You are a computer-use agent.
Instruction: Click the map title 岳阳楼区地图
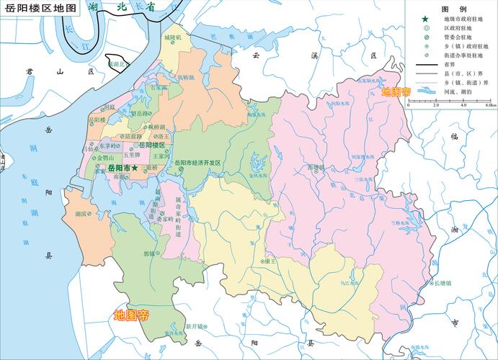pos(40,8)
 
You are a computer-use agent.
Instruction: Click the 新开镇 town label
pos(195,325)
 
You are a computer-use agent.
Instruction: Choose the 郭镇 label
pos(149,253)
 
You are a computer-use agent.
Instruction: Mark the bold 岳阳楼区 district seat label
pos(152,145)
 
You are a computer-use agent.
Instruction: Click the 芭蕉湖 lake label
pos(216,35)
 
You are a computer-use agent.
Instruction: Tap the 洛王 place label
pos(164,135)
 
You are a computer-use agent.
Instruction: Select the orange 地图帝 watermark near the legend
pos(396,92)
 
